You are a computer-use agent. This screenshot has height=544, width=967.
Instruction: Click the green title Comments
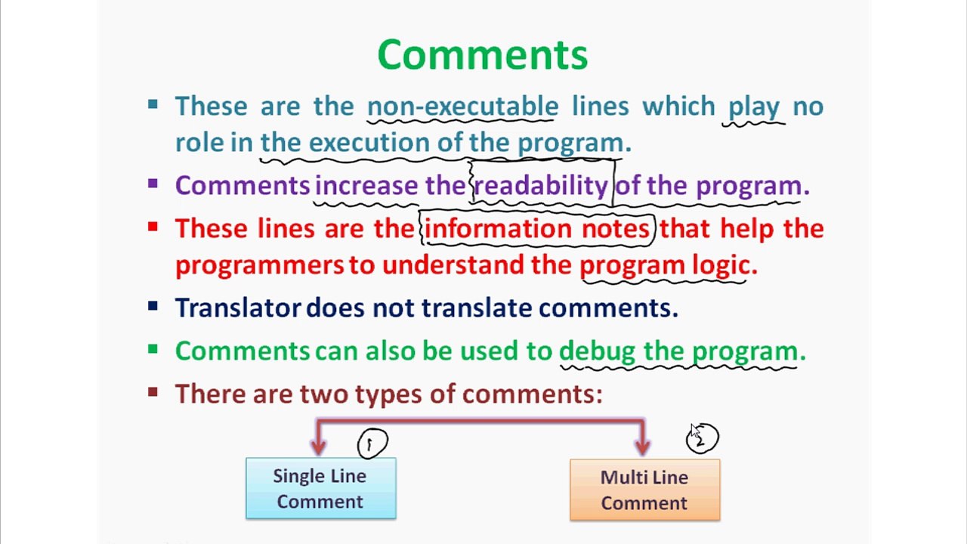[482, 55]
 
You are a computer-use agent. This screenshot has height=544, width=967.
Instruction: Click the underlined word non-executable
[462, 107]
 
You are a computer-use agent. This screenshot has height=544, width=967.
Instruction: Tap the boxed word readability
[540, 186]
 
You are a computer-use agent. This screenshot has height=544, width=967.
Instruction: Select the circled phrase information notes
[537, 229]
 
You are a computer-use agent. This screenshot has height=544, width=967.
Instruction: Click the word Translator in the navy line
[238, 308]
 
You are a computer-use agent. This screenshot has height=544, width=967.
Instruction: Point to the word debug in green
[597, 351]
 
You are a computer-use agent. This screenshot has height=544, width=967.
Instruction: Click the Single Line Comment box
[320, 488]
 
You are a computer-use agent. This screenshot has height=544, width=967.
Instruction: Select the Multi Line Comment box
[644, 490]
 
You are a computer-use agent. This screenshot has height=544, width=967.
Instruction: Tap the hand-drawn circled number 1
[372, 444]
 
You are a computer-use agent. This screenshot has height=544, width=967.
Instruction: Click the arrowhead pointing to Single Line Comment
[318, 446]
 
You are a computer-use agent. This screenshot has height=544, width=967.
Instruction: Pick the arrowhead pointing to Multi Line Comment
[643, 446]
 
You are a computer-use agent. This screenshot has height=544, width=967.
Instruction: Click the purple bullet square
[153, 184]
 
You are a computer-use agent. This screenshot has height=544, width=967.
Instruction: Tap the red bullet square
[153, 227]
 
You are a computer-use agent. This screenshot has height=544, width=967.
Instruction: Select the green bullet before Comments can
[153, 349]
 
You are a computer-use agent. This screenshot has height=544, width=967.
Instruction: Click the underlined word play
[753, 107]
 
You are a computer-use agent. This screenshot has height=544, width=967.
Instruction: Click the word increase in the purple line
[366, 186]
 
